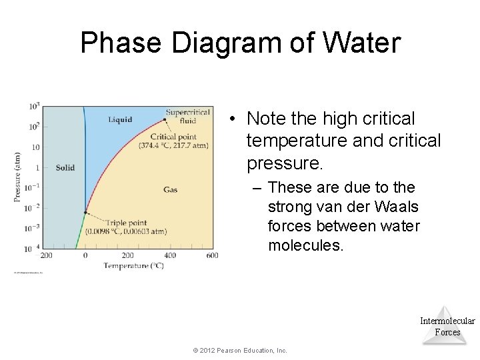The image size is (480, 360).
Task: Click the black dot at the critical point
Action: (x=165, y=120)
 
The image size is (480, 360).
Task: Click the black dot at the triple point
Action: (x=85, y=213)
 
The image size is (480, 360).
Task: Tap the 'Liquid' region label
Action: (x=120, y=120)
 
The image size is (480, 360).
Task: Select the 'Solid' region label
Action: (x=65, y=167)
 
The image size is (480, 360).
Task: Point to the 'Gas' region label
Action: (x=170, y=190)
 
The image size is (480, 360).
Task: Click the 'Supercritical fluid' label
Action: (x=188, y=117)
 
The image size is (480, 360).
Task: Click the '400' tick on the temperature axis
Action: (x=170, y=255)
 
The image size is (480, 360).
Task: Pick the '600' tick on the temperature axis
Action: (x=212, y=255)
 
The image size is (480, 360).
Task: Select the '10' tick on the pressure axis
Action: (x=36, y=147)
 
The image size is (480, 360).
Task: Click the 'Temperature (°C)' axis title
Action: (x=133, y=265)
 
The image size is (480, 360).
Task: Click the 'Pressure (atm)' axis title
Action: (x=18, y=177)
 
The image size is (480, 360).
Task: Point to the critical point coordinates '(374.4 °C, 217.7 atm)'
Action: (x=173, y=145)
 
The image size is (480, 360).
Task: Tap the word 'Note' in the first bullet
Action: (x=264, y=119)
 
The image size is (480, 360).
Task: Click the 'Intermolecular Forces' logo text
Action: (x=447, y=326)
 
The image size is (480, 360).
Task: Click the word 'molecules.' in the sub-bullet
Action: (x=306, y=246)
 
